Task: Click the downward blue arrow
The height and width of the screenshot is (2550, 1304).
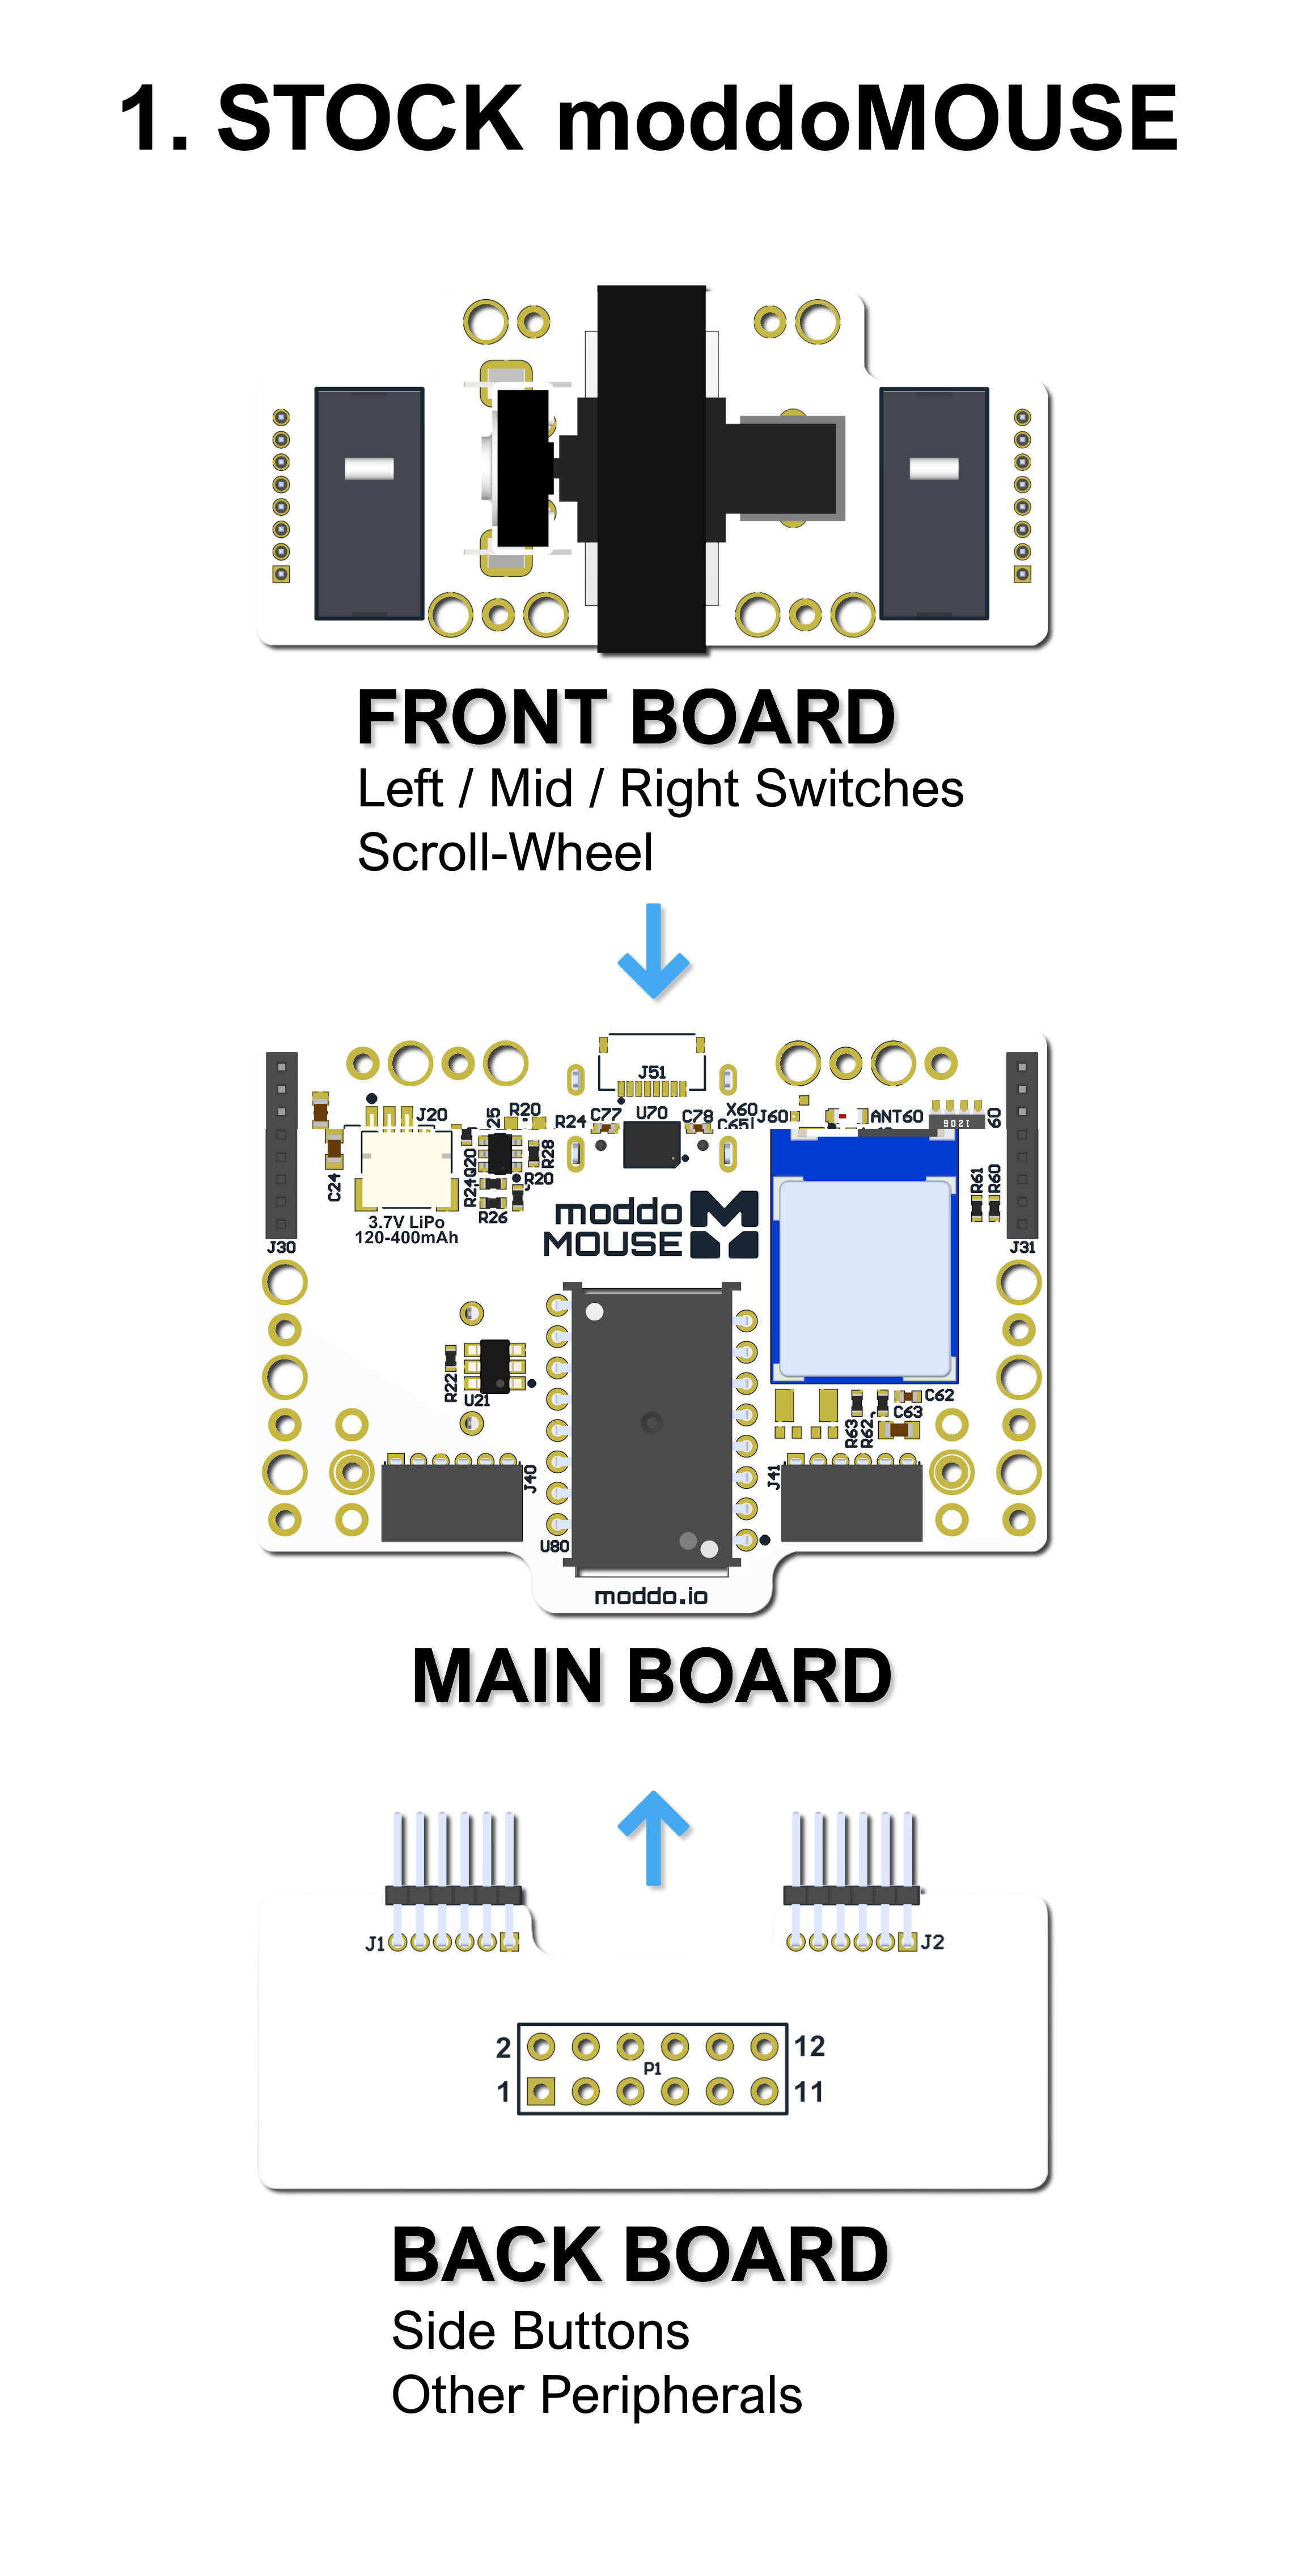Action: point(653,953)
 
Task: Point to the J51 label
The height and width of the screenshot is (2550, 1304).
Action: point(651,1072)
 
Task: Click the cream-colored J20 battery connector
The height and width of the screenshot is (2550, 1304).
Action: point(406,1168)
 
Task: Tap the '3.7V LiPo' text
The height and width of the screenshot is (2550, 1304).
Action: point(406,1222)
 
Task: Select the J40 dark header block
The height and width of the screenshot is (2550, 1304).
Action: point(451,1503)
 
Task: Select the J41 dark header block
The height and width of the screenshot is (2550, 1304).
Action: point(852,1503)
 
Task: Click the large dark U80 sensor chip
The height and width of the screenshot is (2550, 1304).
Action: point(651,1426)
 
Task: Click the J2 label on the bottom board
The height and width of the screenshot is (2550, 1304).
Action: point(933,1942)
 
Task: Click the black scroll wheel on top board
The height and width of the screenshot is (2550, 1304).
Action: point(651,468)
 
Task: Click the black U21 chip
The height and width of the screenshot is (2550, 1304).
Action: point(494,1366)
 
